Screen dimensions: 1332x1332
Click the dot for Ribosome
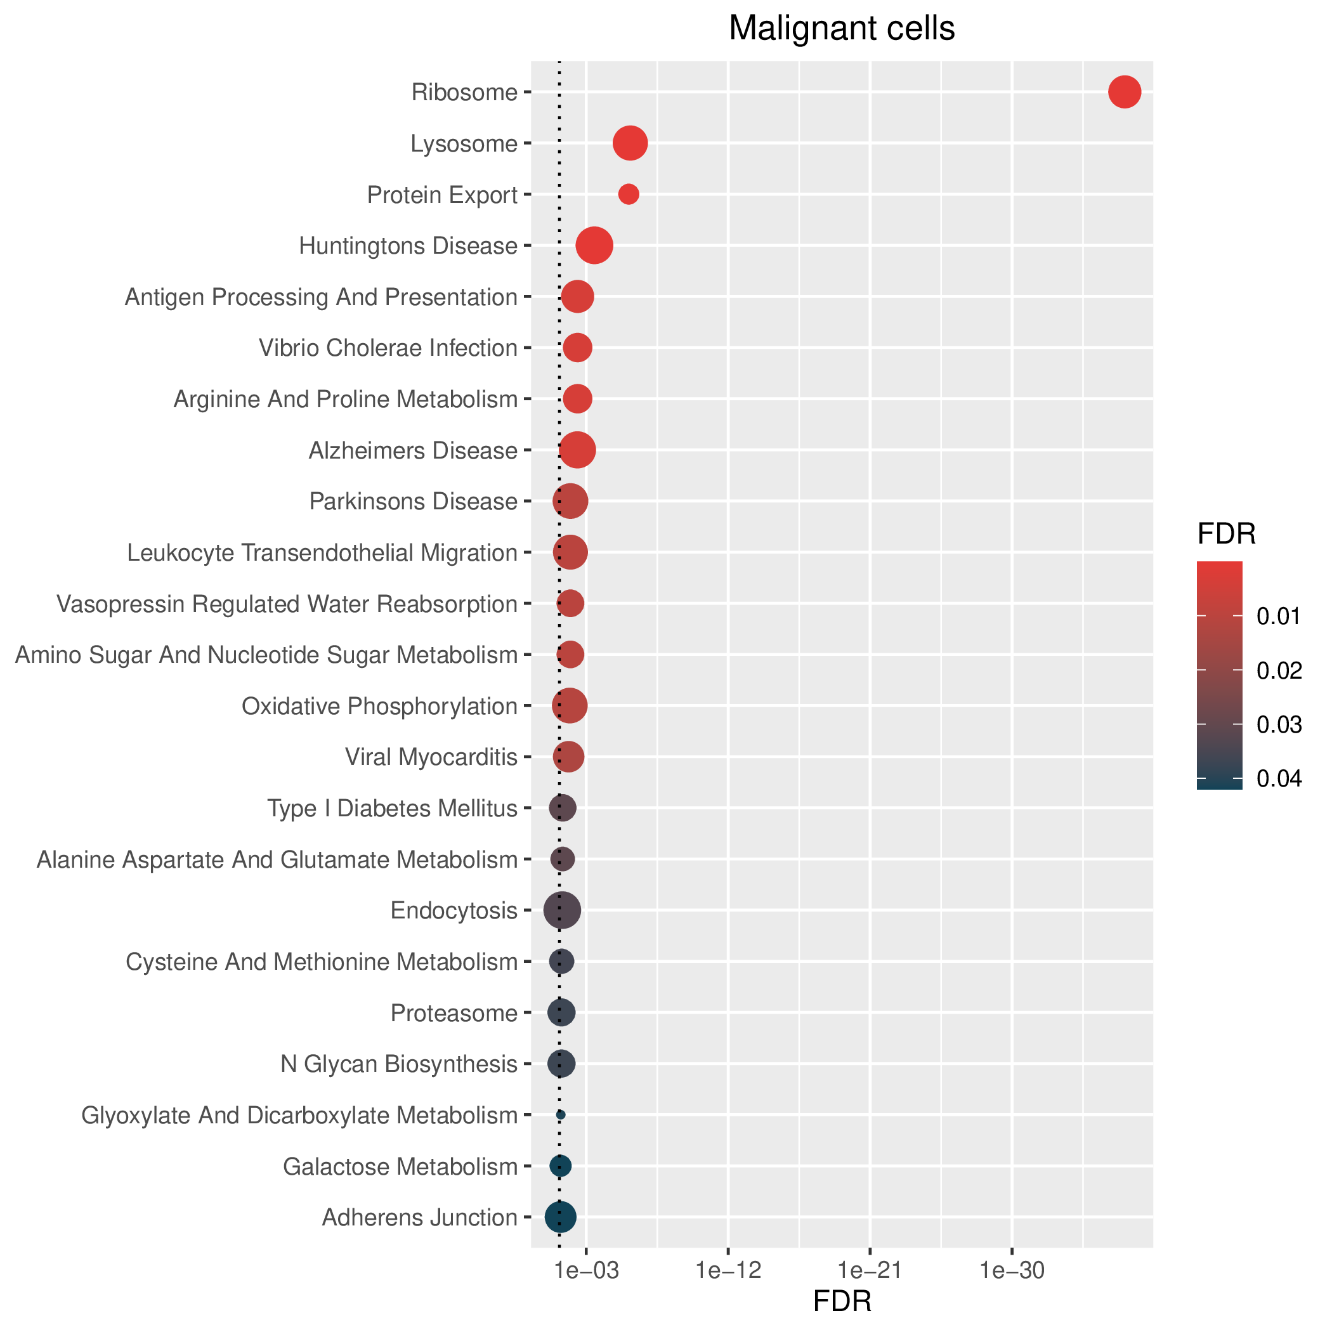point(1125,93)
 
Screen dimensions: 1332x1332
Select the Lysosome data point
point(630,143)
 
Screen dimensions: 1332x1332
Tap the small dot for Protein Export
point(629,195)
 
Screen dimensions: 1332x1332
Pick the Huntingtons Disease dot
point(594,245)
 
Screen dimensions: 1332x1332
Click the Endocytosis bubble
point(563,911)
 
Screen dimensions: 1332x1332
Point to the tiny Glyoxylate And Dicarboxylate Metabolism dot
point(561,1115)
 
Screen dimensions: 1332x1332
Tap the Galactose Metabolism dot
point(561,1166)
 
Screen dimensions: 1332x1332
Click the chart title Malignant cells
point(842,29)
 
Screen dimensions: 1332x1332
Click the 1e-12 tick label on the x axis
point(729,1270)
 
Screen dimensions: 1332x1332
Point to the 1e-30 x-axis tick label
point(1012,1270)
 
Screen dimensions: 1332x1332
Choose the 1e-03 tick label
point(586,1270)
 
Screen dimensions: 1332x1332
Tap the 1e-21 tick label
point(870,1270)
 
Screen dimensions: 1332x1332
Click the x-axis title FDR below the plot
point(842,1301)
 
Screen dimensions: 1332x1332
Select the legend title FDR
point(1227,534)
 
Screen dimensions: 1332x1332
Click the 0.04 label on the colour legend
point(1279,779)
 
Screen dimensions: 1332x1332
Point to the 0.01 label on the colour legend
point(1279,617)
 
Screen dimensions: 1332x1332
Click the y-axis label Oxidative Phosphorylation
point(379,707)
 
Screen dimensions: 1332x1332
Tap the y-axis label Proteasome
point(454,1014)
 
